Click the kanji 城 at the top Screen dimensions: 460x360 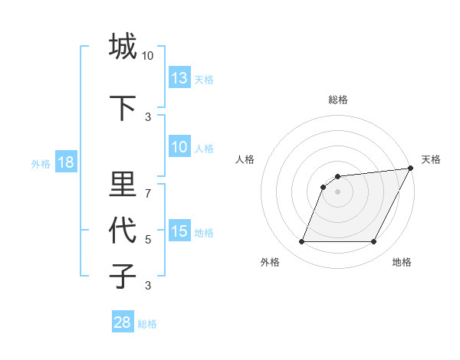pos(123,47)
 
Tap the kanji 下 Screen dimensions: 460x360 pos(123,108)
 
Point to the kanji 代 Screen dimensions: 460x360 pos(123,230)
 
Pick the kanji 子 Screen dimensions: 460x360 pos(123,276)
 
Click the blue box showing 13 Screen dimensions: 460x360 pos(179,78)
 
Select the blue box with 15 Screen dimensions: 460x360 pos(179,231)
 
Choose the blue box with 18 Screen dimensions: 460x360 pos(65,163)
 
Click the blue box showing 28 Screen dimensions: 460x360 pos(123,322)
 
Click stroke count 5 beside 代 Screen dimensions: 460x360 pos(148,240)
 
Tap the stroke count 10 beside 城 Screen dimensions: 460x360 pos(148,56)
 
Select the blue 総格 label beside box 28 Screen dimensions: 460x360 pos(147,324)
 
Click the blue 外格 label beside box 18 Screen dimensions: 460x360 pos(41,164)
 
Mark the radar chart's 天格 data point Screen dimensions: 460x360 pos(411,169)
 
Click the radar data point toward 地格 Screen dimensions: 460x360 pos(374,242)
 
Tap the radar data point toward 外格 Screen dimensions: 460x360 pos(301,242)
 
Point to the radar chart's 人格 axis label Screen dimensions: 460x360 pos(245,159)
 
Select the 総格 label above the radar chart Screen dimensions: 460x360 pos(337,100)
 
